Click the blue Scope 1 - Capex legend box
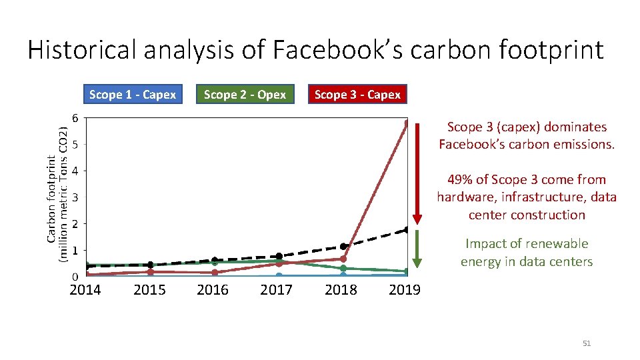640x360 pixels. pyautogui.click(x=132, y=95)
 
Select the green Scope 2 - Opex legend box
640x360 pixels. pyautogui.click(x=245, y=95)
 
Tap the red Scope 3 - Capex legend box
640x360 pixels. pyautogui.click(x=357, y=95)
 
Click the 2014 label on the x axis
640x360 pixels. pyautogui.click(x=85, y=289)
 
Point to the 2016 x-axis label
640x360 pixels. pyautogui.click(x=213, y=289)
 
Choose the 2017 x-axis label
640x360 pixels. pyautogui.click(x=276, y=289)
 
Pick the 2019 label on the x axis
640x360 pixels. pyautogui.click(x=404, y=289)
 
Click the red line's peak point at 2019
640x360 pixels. pyautogui.click(x=407, y=123)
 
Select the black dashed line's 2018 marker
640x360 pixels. pyautogui.click(x=344, y=247)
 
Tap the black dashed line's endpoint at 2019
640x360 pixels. pyautogui.click(x=407, y=230)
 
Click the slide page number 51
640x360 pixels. pyautogui.click(x=587, y=343)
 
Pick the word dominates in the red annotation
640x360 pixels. pyautogui.click(x=575, y=127)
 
